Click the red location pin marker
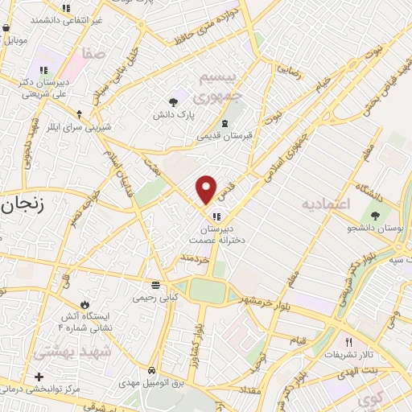pos(207,189)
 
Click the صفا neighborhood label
pos(93,55)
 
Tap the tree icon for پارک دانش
pos(174,101)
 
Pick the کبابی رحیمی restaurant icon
pos(155,285)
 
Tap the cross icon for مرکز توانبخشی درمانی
pos(39,377)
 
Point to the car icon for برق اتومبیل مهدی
pos(151,370)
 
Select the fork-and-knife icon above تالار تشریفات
pos(348,341)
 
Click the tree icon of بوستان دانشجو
pos(376,214)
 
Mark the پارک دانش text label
pos(174,115)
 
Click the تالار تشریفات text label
pos(348,354)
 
